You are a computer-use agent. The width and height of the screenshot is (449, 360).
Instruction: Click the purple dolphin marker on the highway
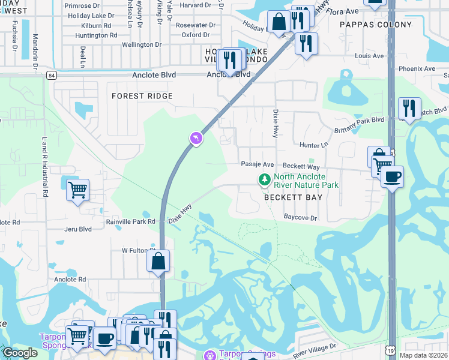[196, 139]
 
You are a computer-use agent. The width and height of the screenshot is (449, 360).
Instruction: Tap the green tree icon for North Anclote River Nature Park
[264, 179]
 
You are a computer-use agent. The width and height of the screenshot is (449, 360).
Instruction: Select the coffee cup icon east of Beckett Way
[392, 176]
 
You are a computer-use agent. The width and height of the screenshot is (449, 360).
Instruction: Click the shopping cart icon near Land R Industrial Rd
[77, 190]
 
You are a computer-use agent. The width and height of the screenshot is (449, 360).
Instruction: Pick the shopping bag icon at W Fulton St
[158, 261]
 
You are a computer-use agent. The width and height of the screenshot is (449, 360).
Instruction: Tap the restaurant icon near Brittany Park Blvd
[409, 108]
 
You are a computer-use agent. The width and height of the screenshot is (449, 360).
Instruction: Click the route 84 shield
[52, 75]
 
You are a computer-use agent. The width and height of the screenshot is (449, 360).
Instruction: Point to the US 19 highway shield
[392, 348]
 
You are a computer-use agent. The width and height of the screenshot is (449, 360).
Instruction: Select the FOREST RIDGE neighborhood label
[142, 96]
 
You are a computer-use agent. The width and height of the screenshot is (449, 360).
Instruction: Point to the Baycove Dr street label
[300, 218]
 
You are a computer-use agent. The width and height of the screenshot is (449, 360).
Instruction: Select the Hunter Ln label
[314, 145]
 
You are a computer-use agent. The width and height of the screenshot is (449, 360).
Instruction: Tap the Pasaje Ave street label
[257, 164]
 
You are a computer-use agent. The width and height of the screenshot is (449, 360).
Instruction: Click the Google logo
[20, 353]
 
